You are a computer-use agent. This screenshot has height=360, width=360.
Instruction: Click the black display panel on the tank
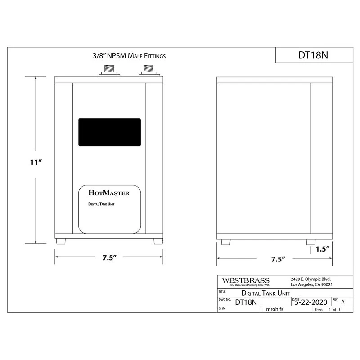[109, 132]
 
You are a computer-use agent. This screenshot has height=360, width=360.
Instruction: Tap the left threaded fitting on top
[109, 71]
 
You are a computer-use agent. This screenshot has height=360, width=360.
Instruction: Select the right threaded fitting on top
[148, 71]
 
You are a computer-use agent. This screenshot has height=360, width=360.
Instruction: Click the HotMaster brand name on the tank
[109, 193]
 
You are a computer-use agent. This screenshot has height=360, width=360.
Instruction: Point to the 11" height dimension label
[36, 162]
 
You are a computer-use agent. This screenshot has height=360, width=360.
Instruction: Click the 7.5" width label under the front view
[109, 257]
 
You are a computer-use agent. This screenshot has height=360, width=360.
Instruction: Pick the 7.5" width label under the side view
[278, 259]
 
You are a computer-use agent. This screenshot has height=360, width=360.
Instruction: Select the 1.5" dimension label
[323, 249]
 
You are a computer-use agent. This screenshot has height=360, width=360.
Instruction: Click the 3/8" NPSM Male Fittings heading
[129, 56]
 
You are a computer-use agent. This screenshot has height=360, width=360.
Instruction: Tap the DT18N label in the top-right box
[313, 55]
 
